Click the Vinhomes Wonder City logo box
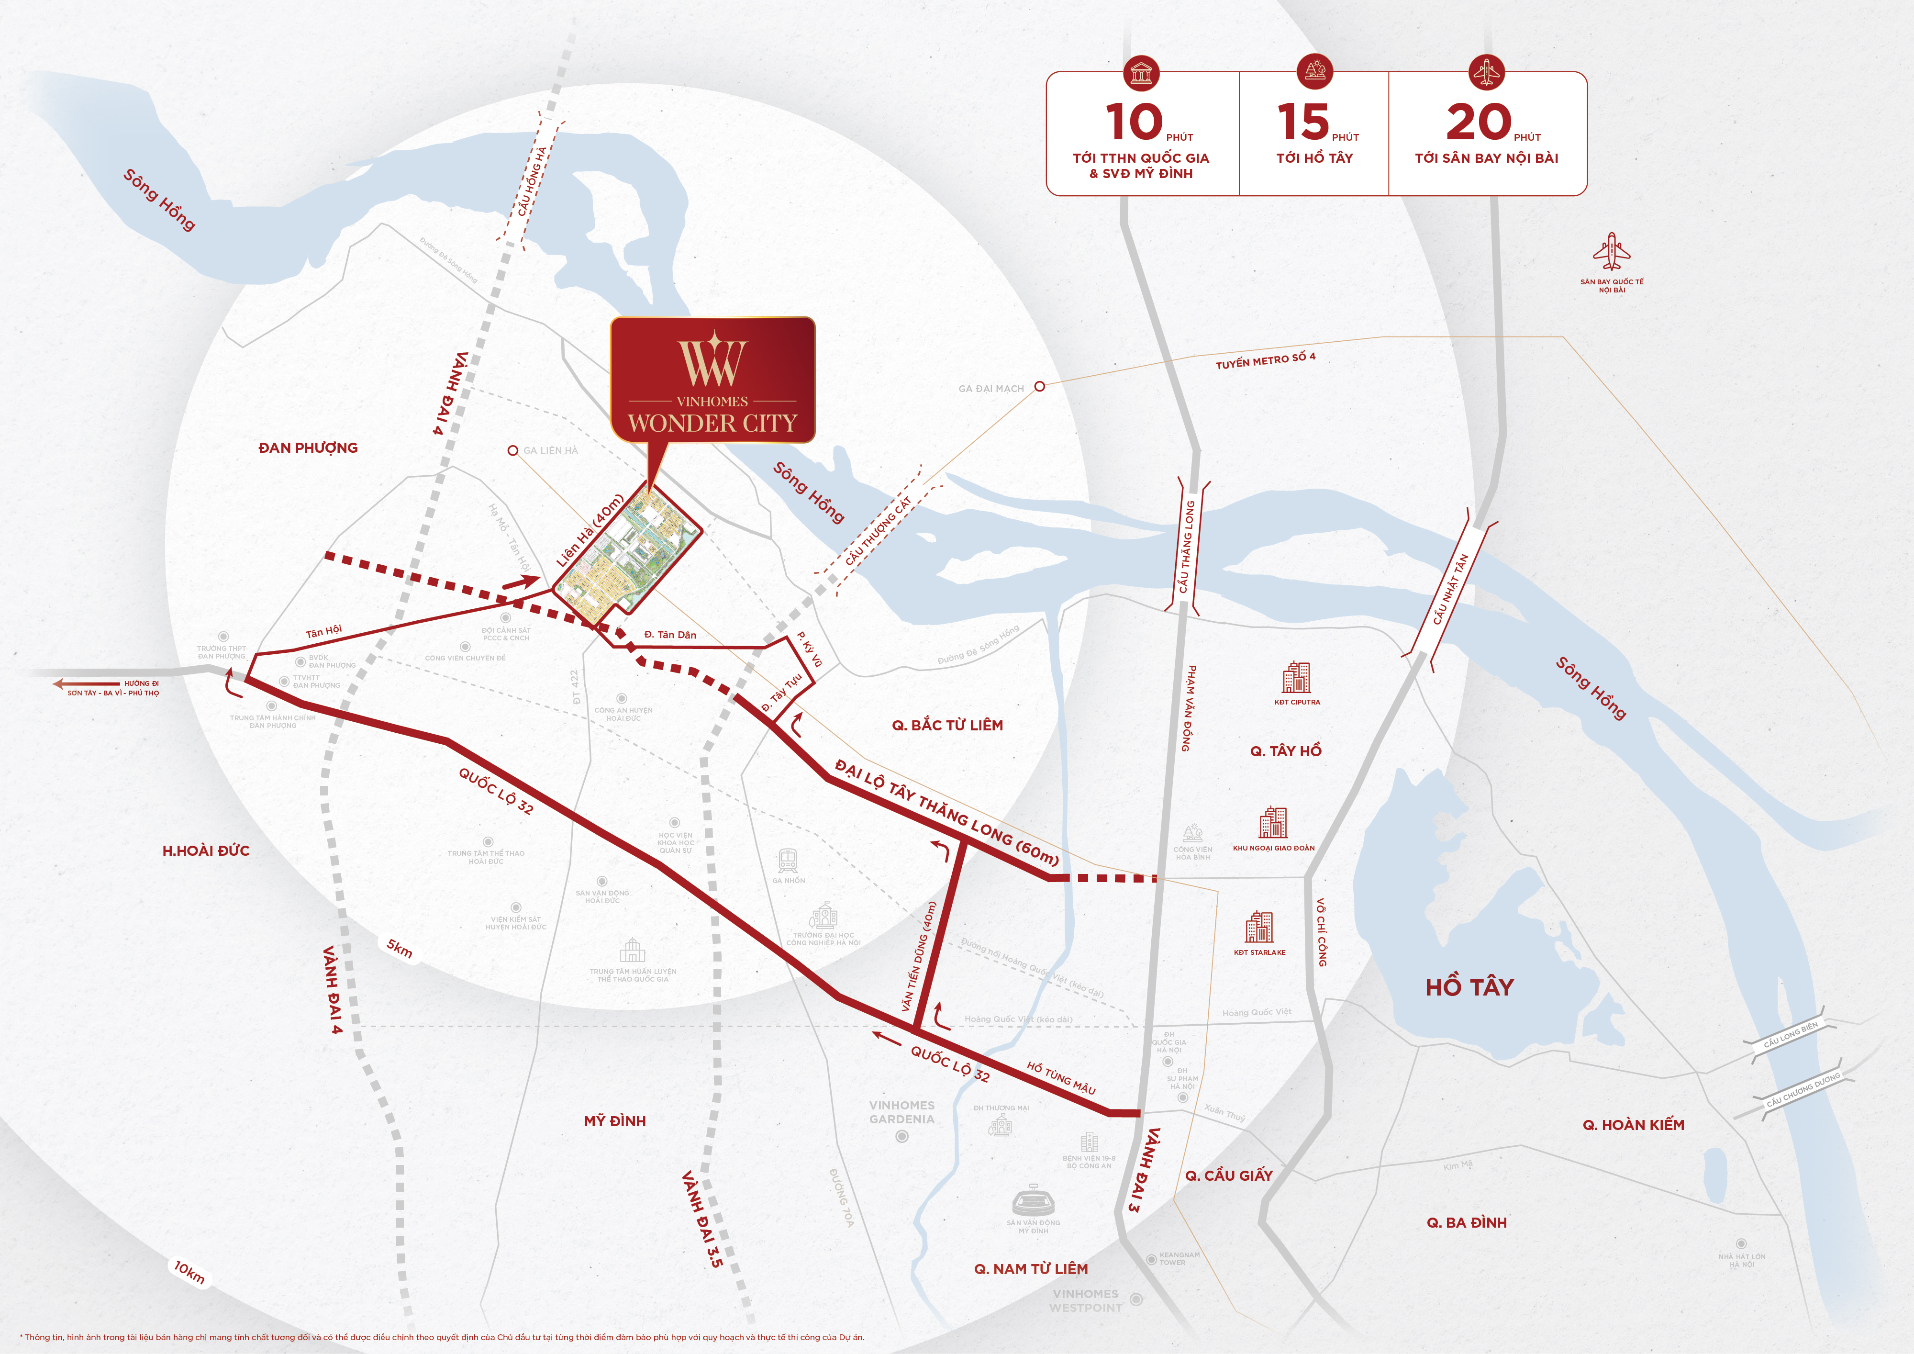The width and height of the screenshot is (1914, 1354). [713, 380]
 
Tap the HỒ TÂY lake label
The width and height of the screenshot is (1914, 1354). [1469, 987]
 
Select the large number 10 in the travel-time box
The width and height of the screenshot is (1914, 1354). [1134, 123]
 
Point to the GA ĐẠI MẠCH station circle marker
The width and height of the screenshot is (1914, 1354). [1039, 386]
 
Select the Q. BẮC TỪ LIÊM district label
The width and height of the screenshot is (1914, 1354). [948, 726]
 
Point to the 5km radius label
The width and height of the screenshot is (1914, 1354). [399, 949]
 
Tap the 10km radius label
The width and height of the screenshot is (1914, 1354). [189, 1272]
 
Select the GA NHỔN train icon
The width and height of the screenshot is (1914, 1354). [788, 861]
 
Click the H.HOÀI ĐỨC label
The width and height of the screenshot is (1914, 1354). [206, 850]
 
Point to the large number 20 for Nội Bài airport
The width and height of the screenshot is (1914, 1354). [1478, 123]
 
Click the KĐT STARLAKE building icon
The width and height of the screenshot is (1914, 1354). [1259, 926]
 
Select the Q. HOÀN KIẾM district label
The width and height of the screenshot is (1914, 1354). [1633, 1125]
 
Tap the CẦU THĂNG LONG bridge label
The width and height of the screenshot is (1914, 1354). [1187, 547]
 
